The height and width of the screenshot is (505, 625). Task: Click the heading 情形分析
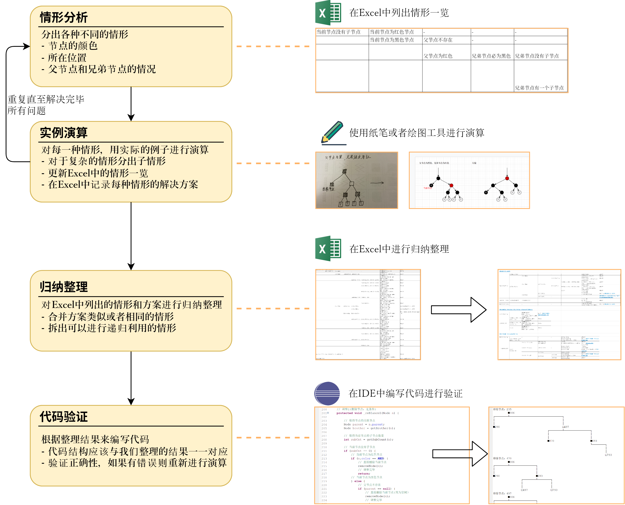[x=64, y=18]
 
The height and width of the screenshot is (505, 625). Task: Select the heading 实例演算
[x=64, y=133]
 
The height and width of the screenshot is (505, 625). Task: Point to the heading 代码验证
[x=64, y=417]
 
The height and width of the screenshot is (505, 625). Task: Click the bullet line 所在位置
[x=67, y=58]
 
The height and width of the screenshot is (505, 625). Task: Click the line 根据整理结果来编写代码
[x=95, y=439]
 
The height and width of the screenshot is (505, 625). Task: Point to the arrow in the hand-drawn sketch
[x=377, y=183]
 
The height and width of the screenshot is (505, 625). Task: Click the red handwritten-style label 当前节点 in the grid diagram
[x=428, y=188]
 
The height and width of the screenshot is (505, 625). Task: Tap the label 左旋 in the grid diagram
[x=474, y=163]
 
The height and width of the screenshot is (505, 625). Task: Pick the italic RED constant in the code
[x=380, y=458]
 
